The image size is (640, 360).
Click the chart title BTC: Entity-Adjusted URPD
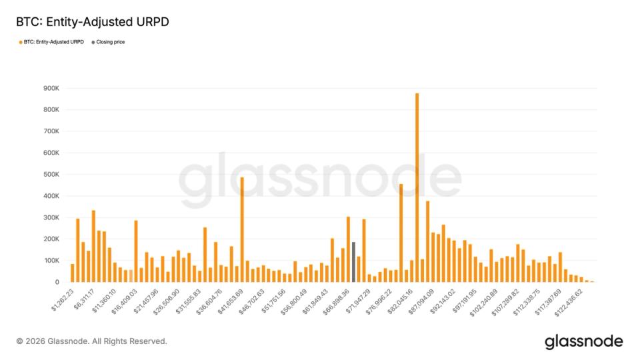(x=93, y=22)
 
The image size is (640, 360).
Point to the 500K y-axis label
(x=52, y=175)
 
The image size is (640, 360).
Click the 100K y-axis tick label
(x=52, y=261)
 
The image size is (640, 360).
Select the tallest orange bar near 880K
(x=417, y=187)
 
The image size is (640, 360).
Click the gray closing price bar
(x=353, y=262)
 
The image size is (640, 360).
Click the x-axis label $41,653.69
(x=229, y=298)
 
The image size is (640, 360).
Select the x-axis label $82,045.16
(x=398, y=298)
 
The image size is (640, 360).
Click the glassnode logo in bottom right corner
(x=583, y=341)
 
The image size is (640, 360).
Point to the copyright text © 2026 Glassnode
(x=91, y=341)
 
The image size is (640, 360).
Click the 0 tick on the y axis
(x=57, y=282)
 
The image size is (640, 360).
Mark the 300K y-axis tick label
(x=52, y=218)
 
